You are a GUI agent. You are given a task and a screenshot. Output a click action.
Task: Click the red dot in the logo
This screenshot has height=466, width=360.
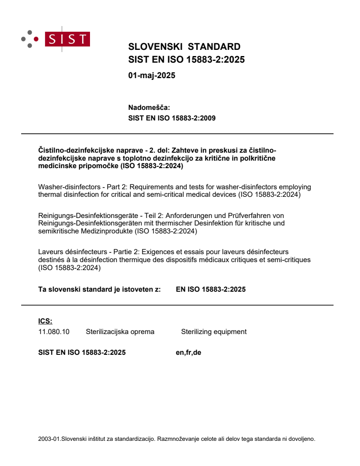tap(36, 39)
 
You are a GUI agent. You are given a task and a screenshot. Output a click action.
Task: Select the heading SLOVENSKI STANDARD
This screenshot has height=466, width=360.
tap(184, 47)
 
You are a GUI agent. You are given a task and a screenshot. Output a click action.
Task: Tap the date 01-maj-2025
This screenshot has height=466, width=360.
tap(152, 75)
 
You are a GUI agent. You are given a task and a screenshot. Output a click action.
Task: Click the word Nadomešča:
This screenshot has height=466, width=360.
tap(149, 107)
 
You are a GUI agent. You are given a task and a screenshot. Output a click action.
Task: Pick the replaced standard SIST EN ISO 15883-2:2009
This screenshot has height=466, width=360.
tap(172, 118)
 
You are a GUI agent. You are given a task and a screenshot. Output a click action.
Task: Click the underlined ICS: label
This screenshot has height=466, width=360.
tap(45, 321)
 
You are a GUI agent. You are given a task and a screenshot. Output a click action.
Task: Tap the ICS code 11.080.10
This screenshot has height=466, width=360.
tap(54, 332)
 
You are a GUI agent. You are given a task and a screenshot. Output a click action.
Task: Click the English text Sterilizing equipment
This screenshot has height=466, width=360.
tap(214, 332)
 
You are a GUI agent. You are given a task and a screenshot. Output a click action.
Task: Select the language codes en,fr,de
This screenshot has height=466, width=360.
tap(188, 353)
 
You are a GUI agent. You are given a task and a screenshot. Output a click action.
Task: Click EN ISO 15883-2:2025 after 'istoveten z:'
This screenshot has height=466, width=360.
tap(210, 289)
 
